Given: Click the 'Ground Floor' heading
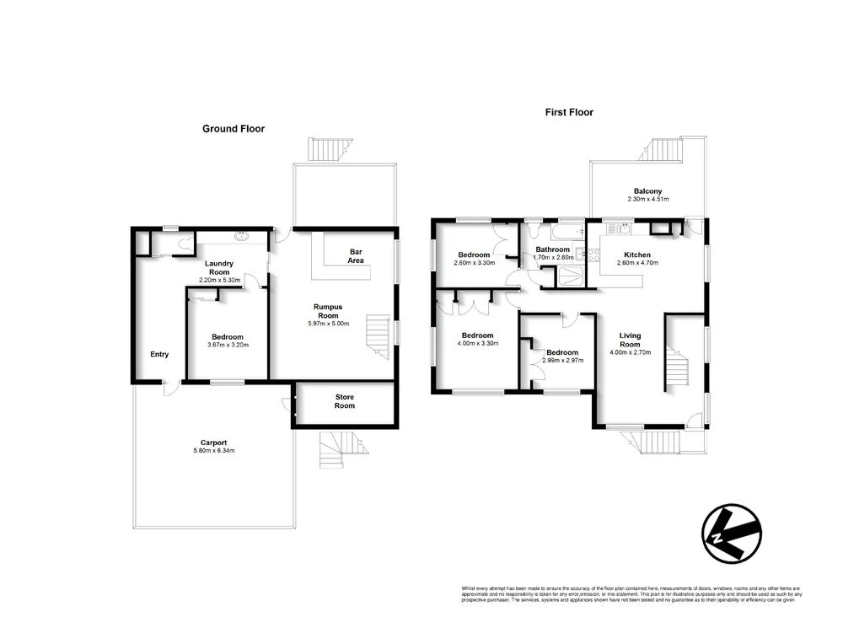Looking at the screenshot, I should click(x=234, y=129).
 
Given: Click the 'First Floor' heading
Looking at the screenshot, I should click(x=569, y=112).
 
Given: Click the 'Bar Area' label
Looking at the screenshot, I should click(x=357, y=256).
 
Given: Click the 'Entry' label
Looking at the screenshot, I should click(x=159, y=354).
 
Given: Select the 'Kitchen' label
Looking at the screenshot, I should click(x=637, y=254).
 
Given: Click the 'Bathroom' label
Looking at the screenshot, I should click(x=553, y=249).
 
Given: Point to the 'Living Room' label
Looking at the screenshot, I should click(x=631, y=341).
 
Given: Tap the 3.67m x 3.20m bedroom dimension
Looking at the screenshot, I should click(x=228, y=345).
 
